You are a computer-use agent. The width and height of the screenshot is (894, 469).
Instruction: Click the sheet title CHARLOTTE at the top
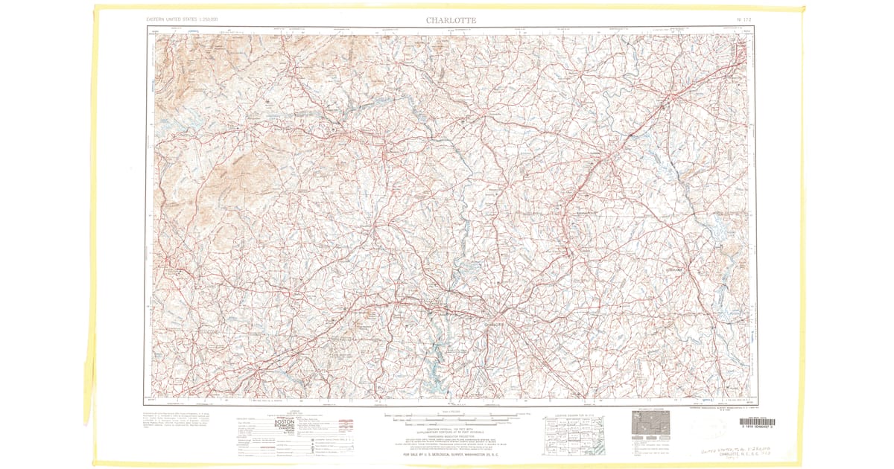[x=451, y=19]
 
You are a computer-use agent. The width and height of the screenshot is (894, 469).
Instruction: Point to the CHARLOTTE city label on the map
[x=495, y=324]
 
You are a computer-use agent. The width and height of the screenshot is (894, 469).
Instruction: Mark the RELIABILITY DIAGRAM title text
[x=650, y=409]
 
